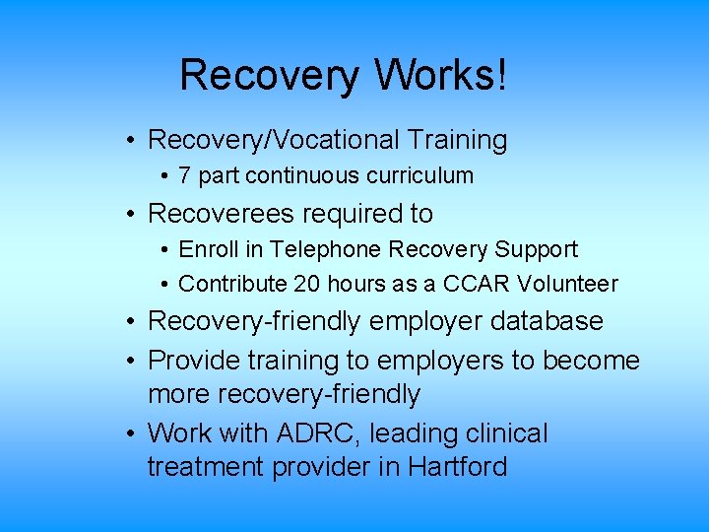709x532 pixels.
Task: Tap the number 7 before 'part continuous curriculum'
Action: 185,176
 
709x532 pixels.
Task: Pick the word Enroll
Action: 205,250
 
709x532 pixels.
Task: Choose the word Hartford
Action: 457,467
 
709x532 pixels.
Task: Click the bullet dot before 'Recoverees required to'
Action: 130,214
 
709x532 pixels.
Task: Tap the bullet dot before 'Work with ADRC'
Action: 130,434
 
